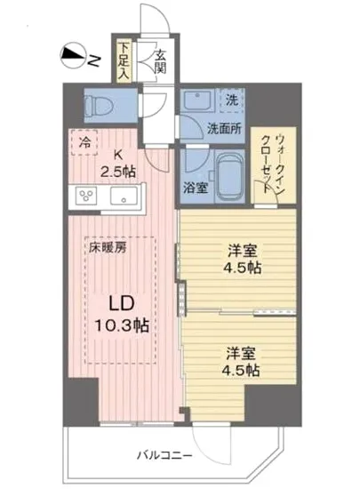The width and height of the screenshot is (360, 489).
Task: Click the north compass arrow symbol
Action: click(72, 59)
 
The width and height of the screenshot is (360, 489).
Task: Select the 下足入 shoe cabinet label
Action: click(124, 60)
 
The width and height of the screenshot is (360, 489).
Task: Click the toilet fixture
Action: click(100, 105)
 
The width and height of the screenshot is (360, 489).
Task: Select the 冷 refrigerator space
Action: click(84, 140)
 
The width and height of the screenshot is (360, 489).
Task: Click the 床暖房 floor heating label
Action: click(107, 247)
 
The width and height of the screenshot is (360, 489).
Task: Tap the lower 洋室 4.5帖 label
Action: click(241, 359)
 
